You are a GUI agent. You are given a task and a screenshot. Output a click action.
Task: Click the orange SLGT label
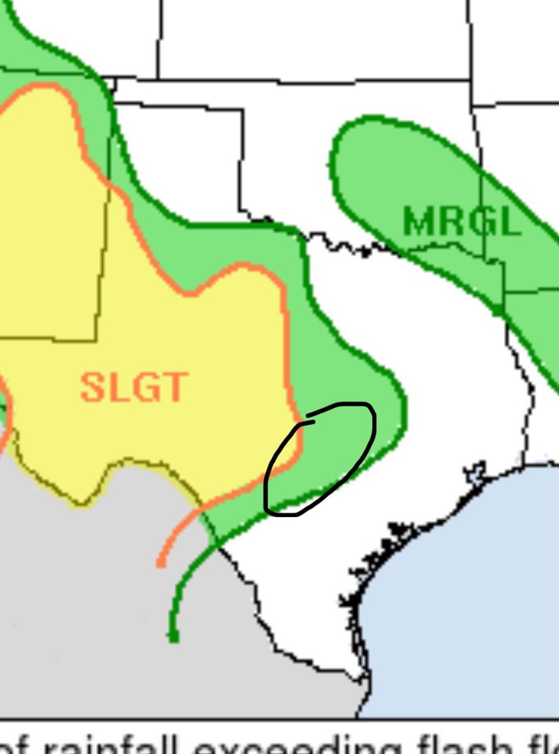[x=134, y=387]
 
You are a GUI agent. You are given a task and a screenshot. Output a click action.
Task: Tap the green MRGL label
[x=462, y=221]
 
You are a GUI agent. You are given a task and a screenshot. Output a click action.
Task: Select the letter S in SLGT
[x=92, y=387]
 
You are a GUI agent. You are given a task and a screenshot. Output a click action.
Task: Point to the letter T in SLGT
[x=175, y=387]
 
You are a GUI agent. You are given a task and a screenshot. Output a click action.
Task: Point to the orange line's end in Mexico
[x=162, y=563]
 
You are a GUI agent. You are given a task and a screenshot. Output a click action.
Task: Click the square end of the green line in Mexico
[x=173, y=638]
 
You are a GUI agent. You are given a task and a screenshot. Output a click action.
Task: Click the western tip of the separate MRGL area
[x=331, y=165]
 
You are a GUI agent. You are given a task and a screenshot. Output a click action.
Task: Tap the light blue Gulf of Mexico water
[x=465, y=597]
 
